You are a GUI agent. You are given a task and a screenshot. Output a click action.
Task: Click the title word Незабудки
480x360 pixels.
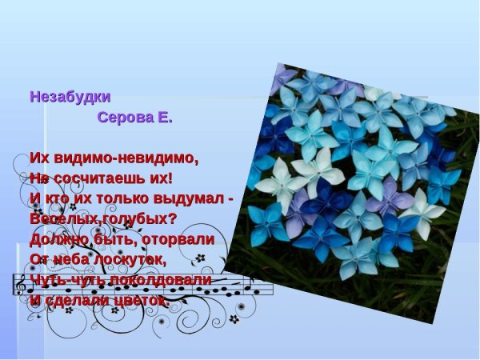click(x=70, y=97)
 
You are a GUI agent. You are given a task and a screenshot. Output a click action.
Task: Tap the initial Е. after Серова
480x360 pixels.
click(x=164, y=118)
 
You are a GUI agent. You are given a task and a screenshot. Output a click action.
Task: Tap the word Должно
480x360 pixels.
click(x=58, y=239)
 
